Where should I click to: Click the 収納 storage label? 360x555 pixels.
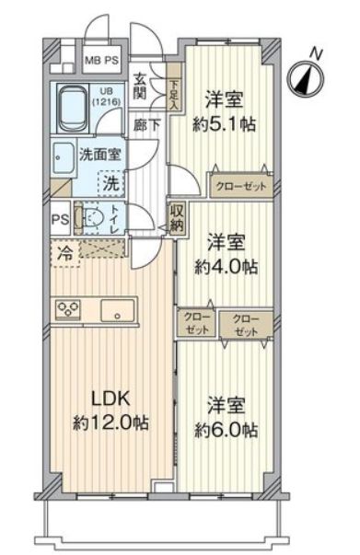tap(176, 218)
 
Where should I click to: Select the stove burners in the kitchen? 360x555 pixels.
tap(70, 310)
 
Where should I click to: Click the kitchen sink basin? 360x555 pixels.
tap(119, 310)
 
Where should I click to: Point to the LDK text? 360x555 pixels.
tap(109, 401)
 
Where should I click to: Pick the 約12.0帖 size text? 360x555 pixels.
tap(109, 424)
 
